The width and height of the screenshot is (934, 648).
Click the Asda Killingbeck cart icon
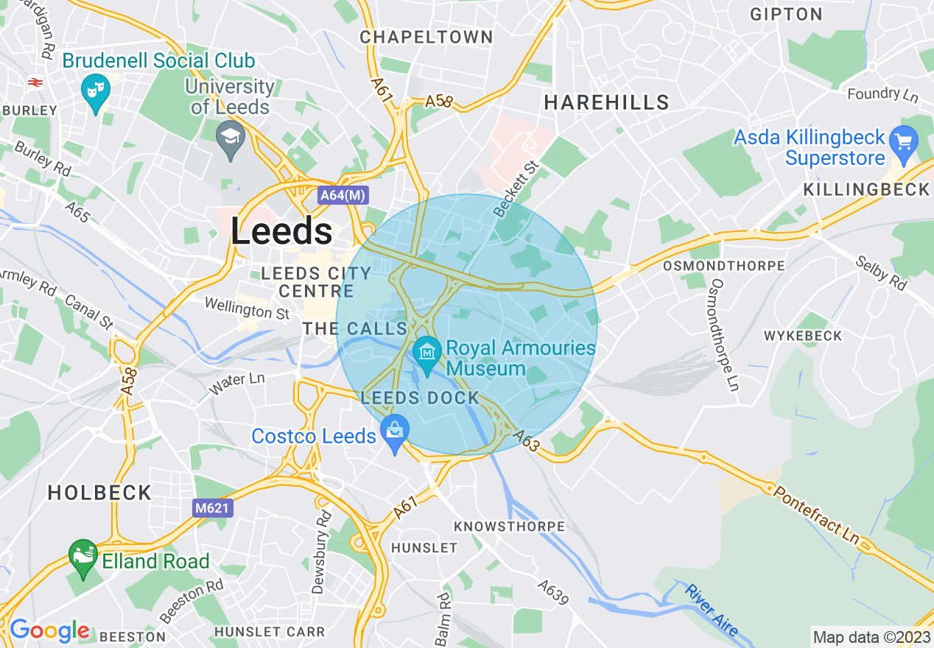coord(903,140)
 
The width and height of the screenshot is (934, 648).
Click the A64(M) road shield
coord(343,196)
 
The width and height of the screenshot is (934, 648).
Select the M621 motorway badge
coord(214,508)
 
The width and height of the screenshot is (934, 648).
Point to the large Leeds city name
coord(281,231)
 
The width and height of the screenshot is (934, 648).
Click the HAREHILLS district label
coord(606,103)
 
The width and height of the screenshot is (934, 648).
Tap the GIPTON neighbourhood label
coord(786,14)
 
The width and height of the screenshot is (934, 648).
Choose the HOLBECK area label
coord(99,493)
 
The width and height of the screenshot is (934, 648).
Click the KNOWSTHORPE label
coord(509,526)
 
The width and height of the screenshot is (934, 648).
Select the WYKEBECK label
coord(803,336)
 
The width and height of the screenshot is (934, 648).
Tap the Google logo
coord(49,630)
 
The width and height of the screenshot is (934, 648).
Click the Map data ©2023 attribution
coord(870,637)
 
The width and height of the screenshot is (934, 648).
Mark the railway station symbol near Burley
coord(34,82)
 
